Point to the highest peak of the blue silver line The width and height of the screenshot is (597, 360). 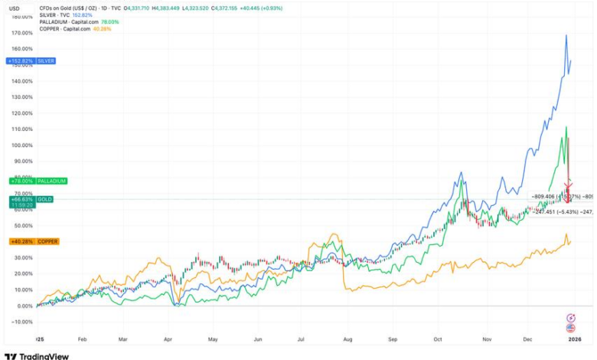(566, 35)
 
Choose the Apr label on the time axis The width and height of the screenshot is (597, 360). (168, 338)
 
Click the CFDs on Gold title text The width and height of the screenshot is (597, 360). (69, 7)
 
